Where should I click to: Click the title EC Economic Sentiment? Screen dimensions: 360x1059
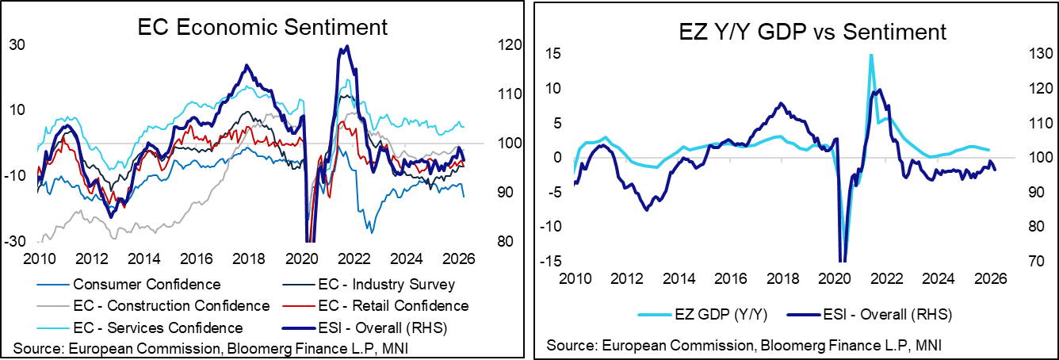click(262, 28)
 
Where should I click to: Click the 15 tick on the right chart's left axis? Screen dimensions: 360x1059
click(552, 54)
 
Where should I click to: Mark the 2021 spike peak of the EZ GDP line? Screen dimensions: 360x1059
click(871, 55)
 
